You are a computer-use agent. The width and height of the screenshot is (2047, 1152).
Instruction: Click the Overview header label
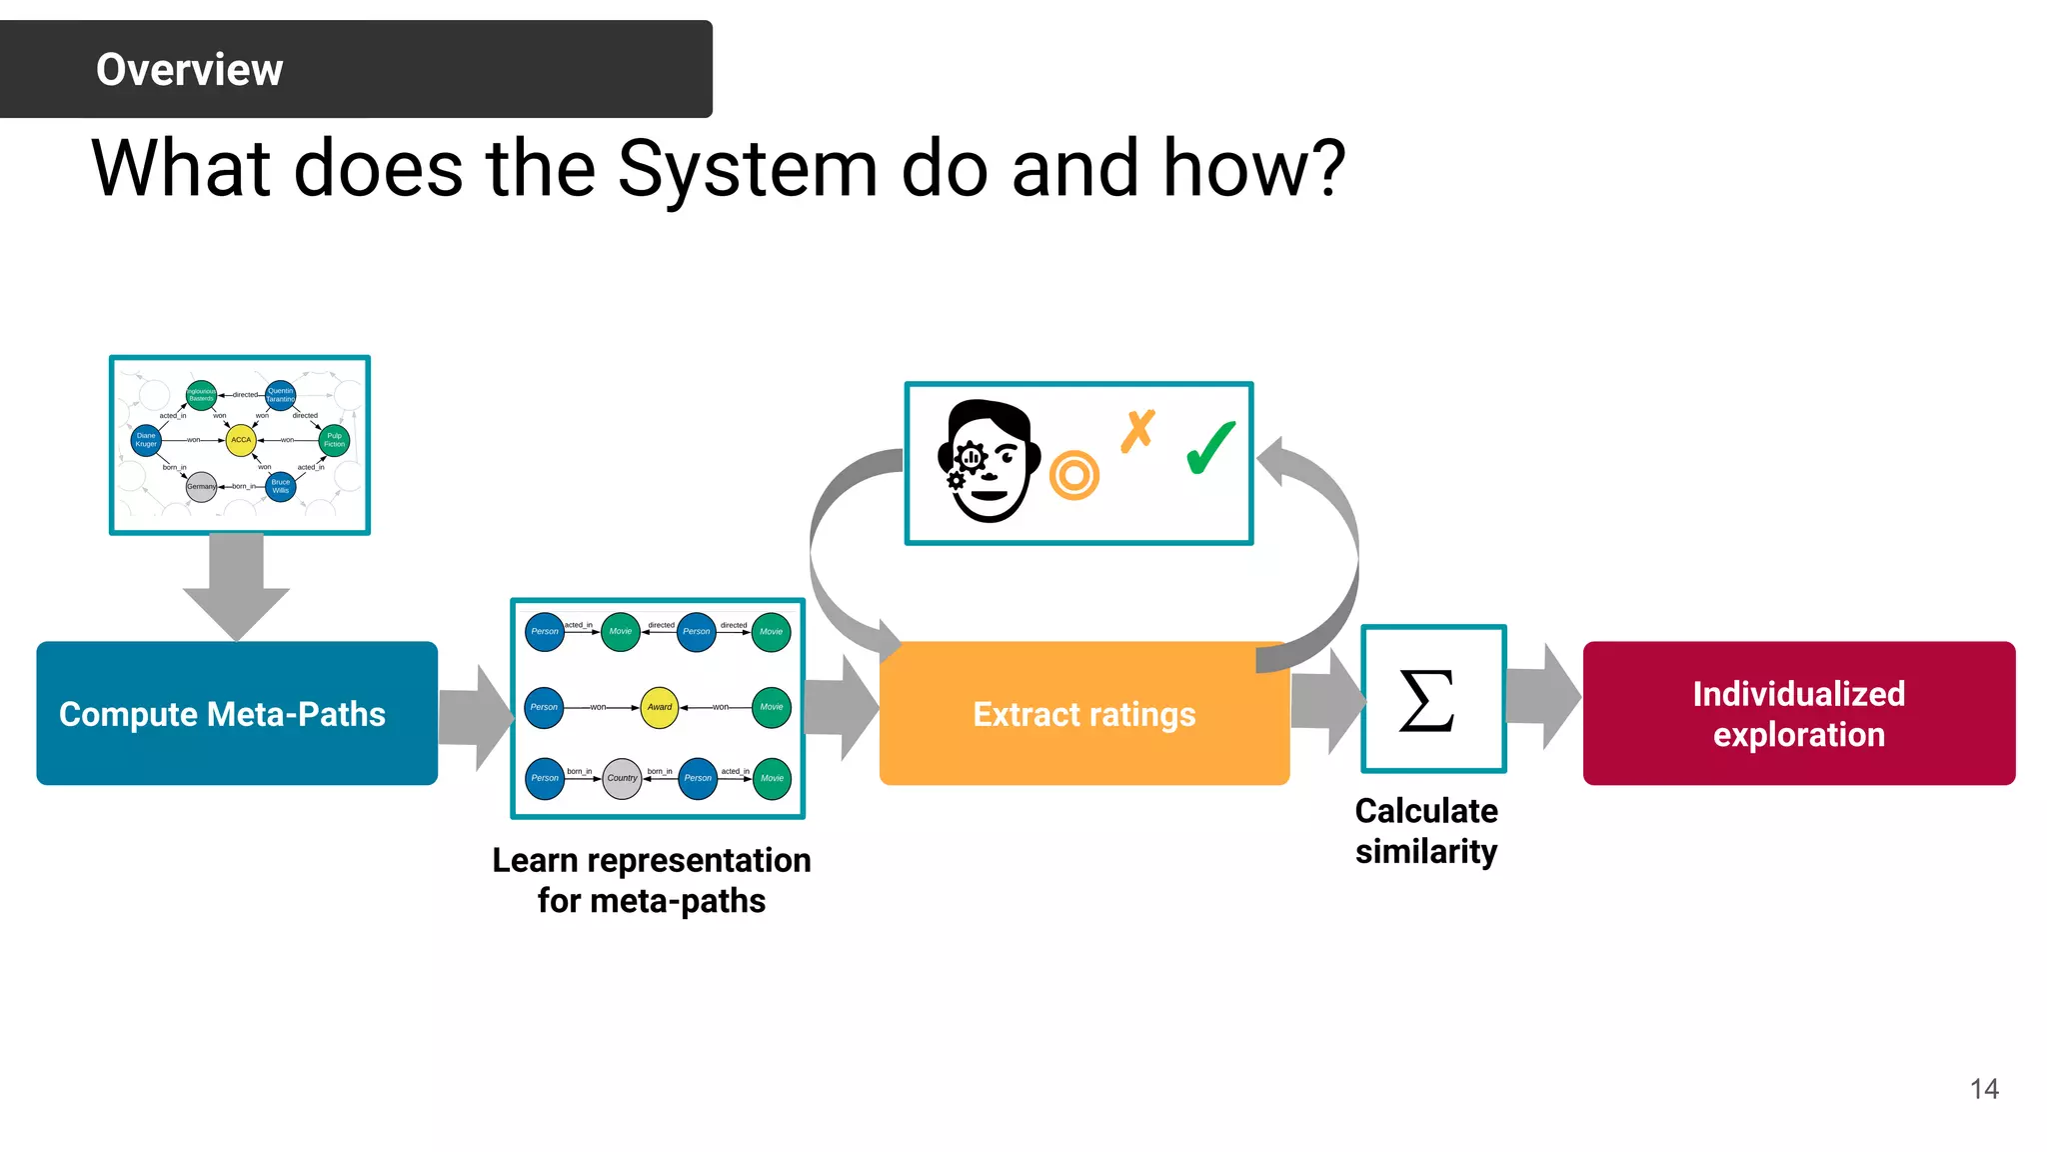[189, 70]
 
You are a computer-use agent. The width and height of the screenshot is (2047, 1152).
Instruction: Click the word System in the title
[747, 169]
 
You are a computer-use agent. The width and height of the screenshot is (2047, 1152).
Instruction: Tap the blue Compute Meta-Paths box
[237, 713]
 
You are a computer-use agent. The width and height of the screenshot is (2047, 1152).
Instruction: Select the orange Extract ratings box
[1083, 714]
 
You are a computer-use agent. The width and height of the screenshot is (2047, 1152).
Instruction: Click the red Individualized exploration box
[1798, 713]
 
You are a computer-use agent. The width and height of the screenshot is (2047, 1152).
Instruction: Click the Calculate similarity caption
[1426, 831]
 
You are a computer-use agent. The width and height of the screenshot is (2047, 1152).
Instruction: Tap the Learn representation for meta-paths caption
[652, 880]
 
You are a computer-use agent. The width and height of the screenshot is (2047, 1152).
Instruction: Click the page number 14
[1983, 1089]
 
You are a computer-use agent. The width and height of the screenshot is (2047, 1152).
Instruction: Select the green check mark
[1210, 449]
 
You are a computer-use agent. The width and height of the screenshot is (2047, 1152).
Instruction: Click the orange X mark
[1137, 431]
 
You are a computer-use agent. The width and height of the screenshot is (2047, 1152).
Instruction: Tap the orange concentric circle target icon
[1074, 476]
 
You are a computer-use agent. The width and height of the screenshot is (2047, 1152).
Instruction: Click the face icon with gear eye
[988, 462]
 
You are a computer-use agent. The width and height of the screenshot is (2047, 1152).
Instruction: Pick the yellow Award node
[660, 707]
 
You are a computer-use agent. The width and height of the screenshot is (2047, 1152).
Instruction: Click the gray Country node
[622, 778]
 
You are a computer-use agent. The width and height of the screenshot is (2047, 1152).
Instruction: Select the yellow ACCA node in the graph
[241, 440]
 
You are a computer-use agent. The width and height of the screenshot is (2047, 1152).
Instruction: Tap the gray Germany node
[201, 487]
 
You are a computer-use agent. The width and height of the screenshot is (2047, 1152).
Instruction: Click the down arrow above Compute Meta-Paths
[237, 585]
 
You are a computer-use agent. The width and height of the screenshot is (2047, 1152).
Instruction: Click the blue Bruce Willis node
[281, 487]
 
